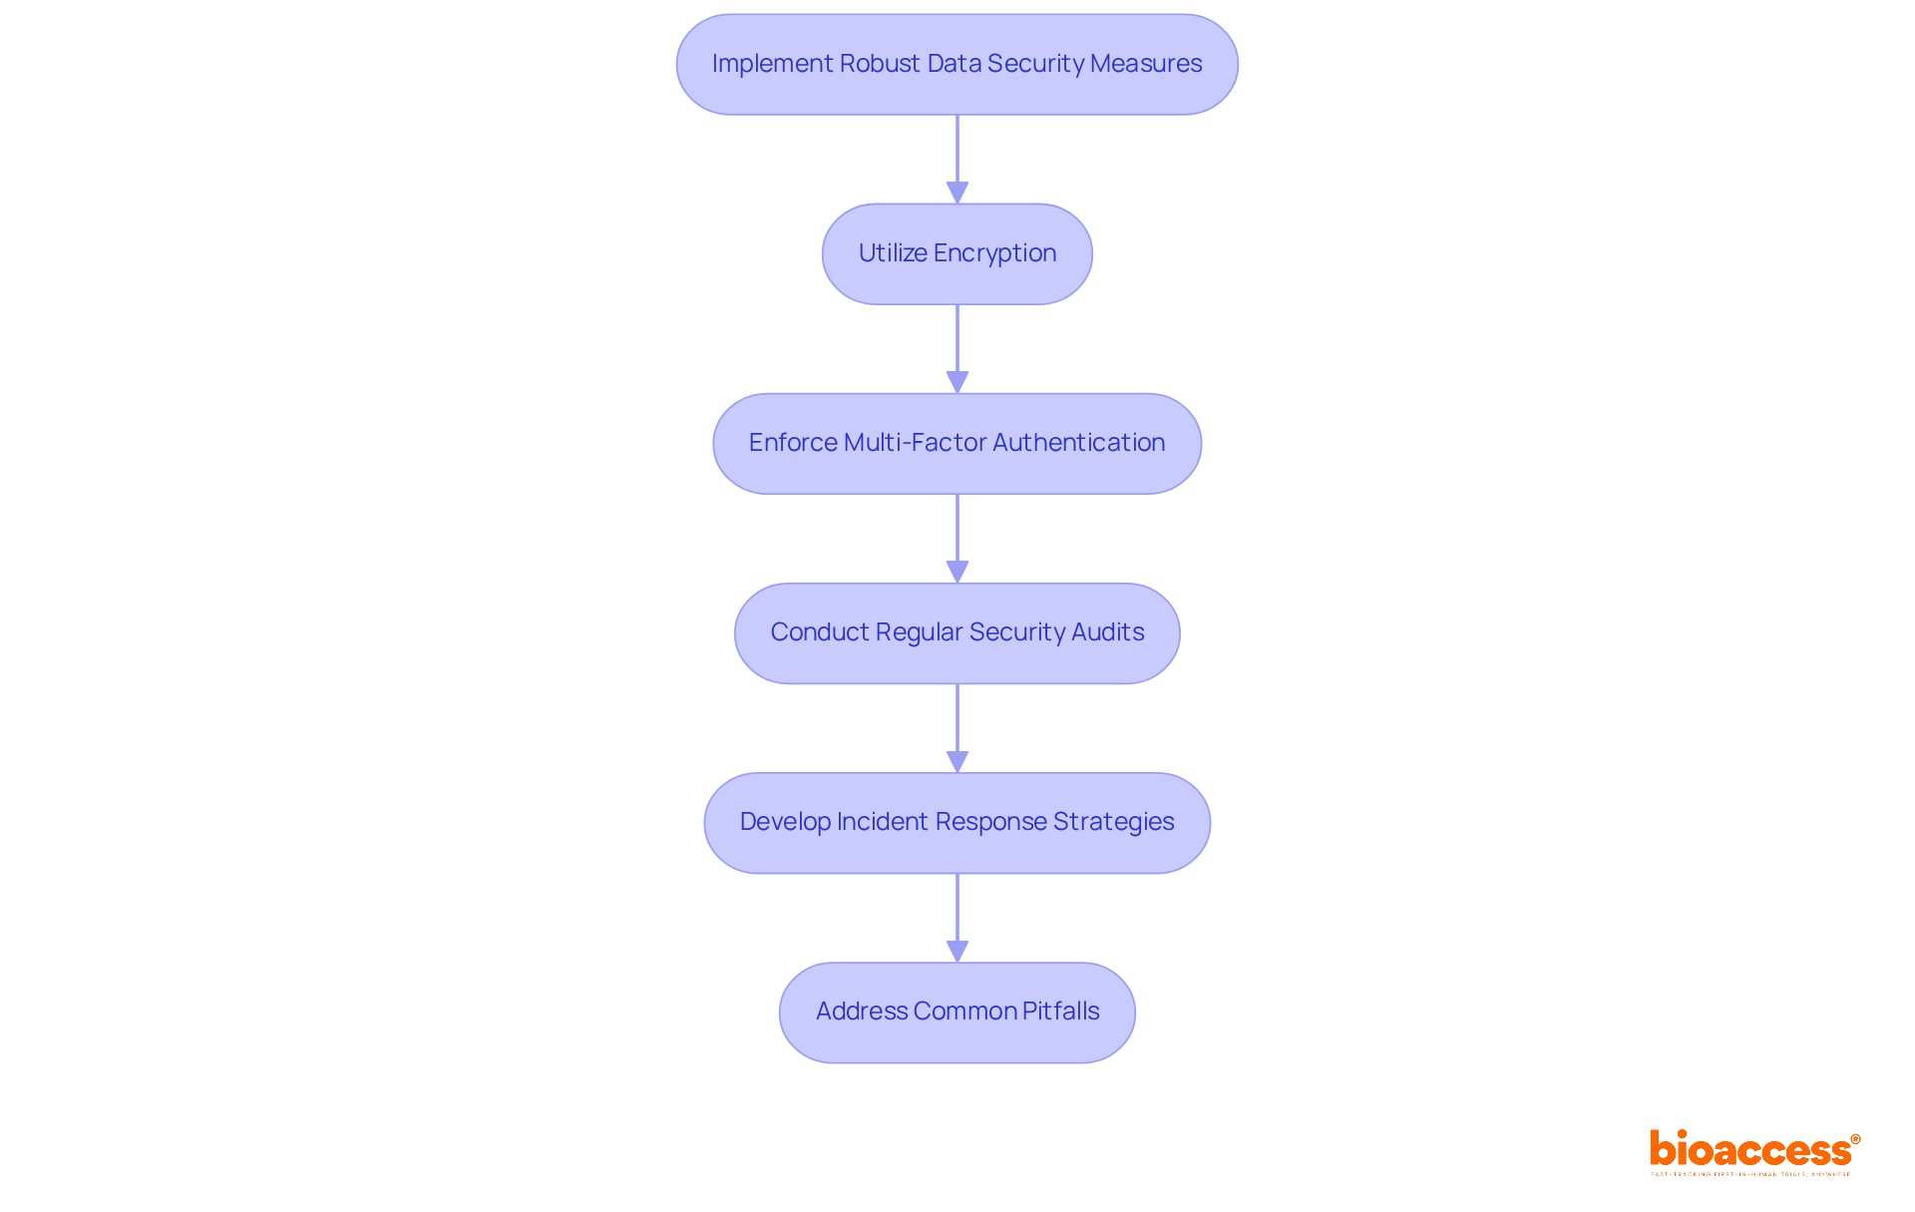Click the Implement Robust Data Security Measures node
pos(957,65)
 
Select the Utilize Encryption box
pos(957,254)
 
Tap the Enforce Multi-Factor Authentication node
pos(957,444)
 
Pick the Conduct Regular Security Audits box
pos(957,633)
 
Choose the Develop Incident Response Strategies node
pos(957,823)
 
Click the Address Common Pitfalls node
pos(957,1012)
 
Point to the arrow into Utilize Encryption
pos(957,160)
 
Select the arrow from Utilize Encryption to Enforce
pos(957,349)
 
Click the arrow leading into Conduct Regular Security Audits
pos(957,539)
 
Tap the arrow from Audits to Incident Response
pos(957,728)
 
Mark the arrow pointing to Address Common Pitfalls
pos(957,918)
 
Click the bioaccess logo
pos(1753,1149)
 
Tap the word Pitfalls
pos(1060,1011)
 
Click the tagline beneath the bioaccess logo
pos(1750,1175)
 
